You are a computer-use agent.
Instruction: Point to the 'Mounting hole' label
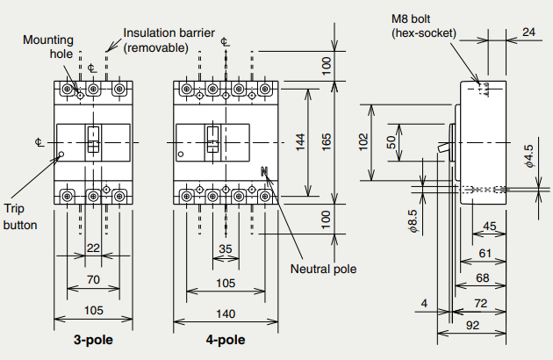(x=48, y=47)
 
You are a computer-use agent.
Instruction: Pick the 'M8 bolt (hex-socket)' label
(x=424, y=26)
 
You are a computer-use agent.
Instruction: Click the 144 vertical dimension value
(x=300, y=141)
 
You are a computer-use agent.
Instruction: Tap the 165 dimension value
(x=327, y=141)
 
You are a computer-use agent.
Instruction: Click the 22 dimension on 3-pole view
(x=93, y=249)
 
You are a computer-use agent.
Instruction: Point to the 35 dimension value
(x=226, y=249)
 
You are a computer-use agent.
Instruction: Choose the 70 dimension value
(x=93, y=280)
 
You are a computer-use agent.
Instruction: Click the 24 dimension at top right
(x=528, y=32)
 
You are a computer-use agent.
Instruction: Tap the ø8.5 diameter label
(x=413, y=221)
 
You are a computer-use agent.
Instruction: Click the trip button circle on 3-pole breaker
(x=61, y=156)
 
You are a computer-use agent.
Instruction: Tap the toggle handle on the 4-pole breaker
(x=212, y=137)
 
